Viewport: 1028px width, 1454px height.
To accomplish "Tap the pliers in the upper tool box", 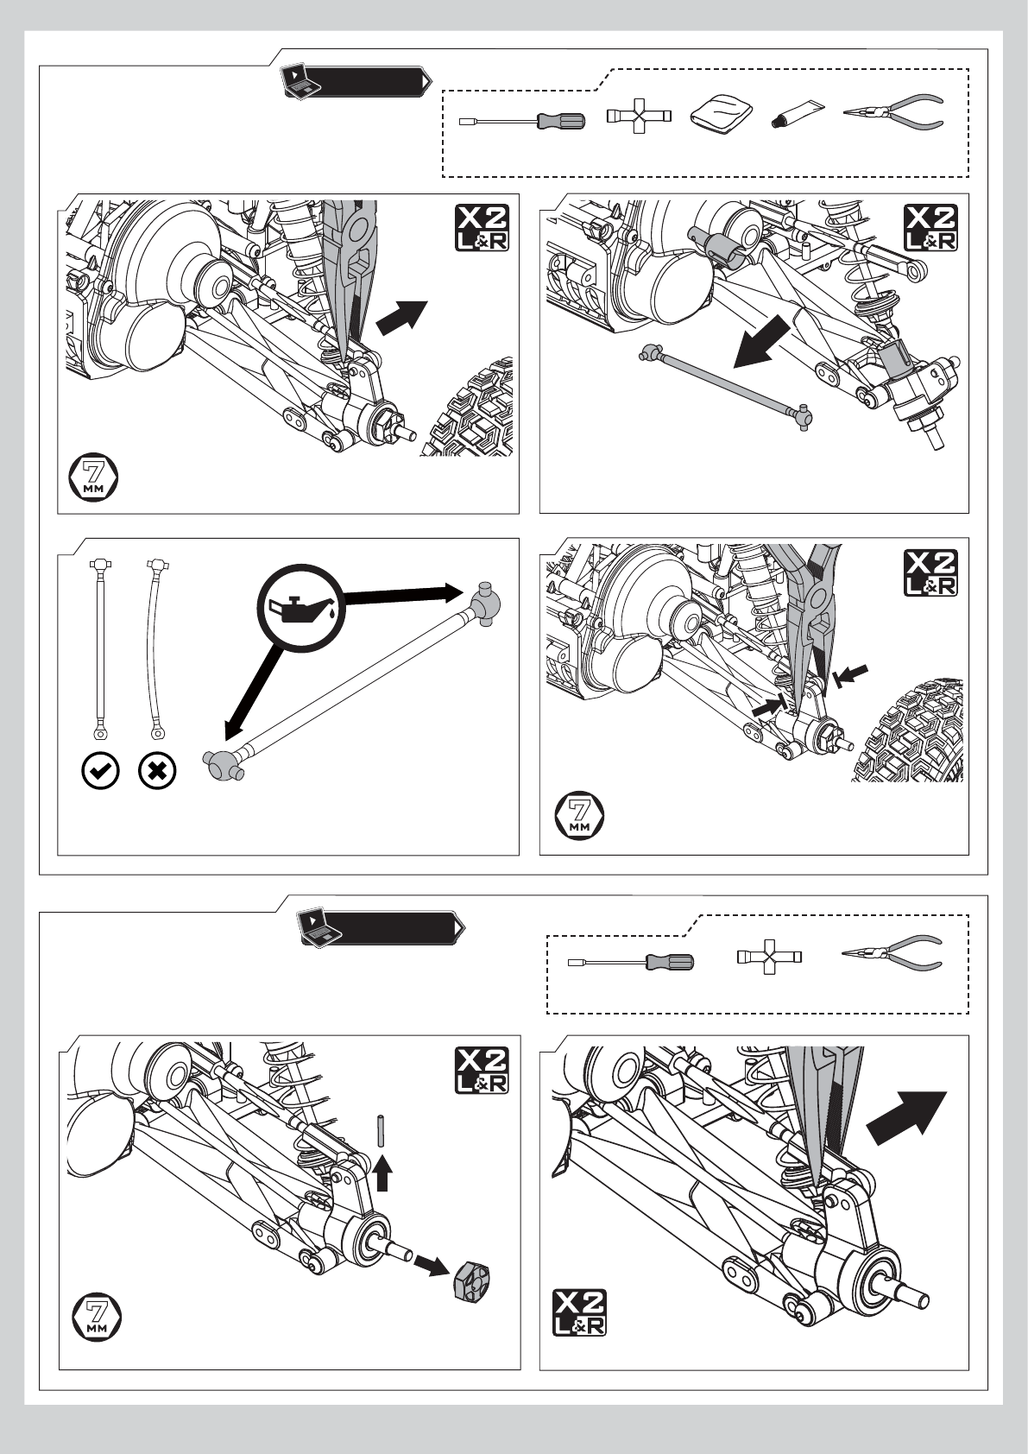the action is [x=894, y=112].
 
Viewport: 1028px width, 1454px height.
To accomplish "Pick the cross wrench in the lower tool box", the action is [x=769, y=957].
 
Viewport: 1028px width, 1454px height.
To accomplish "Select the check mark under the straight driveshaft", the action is [x=101, y=771].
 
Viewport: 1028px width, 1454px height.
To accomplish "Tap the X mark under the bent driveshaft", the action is [x=157, y=771].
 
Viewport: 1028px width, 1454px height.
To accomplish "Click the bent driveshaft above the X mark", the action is [x=155, y=648].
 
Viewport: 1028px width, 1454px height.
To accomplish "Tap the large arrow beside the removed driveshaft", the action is [x=762, y=346].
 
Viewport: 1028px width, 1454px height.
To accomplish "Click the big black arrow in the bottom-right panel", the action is [x=906, y=1117].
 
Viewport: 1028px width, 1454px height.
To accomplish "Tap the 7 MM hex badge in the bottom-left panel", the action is [x=97, y=1318].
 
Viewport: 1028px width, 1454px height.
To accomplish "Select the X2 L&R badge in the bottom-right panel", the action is [x=579, y=1312].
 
